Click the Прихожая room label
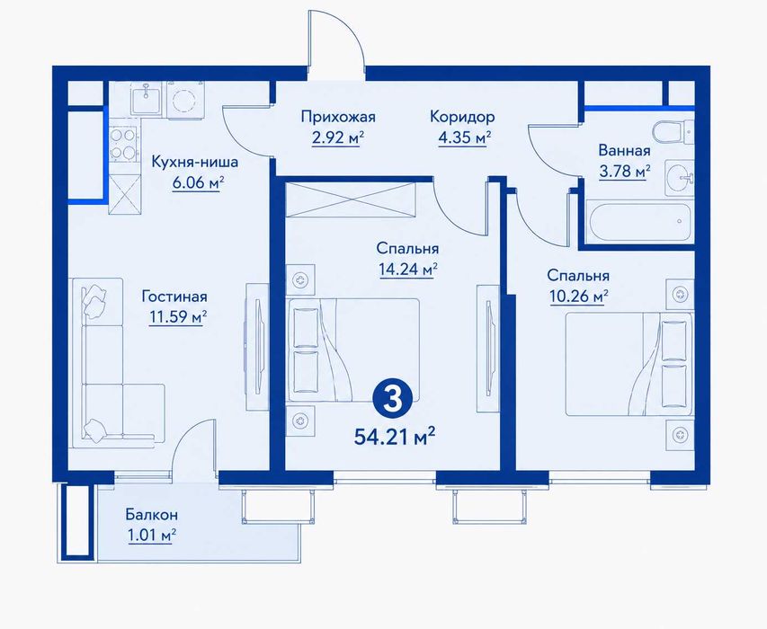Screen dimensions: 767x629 338,117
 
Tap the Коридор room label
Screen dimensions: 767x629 462,117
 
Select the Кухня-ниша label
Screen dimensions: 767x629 195,162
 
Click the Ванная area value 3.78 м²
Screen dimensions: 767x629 625,171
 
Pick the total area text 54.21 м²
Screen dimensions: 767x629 395,436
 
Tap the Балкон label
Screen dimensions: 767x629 152,515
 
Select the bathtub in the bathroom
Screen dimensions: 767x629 640,221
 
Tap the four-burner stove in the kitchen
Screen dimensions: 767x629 123,143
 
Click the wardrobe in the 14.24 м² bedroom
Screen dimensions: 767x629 351,199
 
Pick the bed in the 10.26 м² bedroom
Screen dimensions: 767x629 629,364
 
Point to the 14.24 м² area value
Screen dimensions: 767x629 407,270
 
